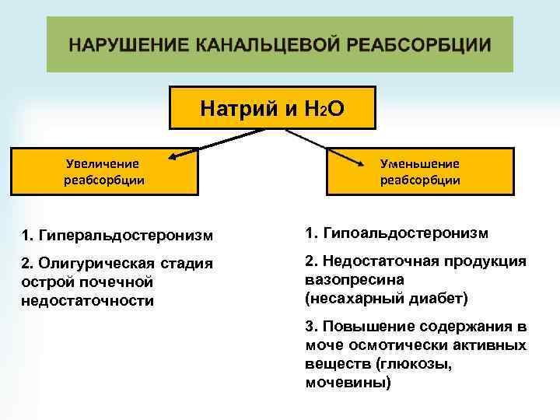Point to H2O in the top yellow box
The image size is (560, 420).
pos(322,108)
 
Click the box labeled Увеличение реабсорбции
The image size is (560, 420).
pos(102,172)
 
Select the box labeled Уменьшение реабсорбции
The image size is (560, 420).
pos(420,172)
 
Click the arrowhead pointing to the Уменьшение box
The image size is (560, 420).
pos(363,163)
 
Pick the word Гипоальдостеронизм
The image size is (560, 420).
pos(404,233)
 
